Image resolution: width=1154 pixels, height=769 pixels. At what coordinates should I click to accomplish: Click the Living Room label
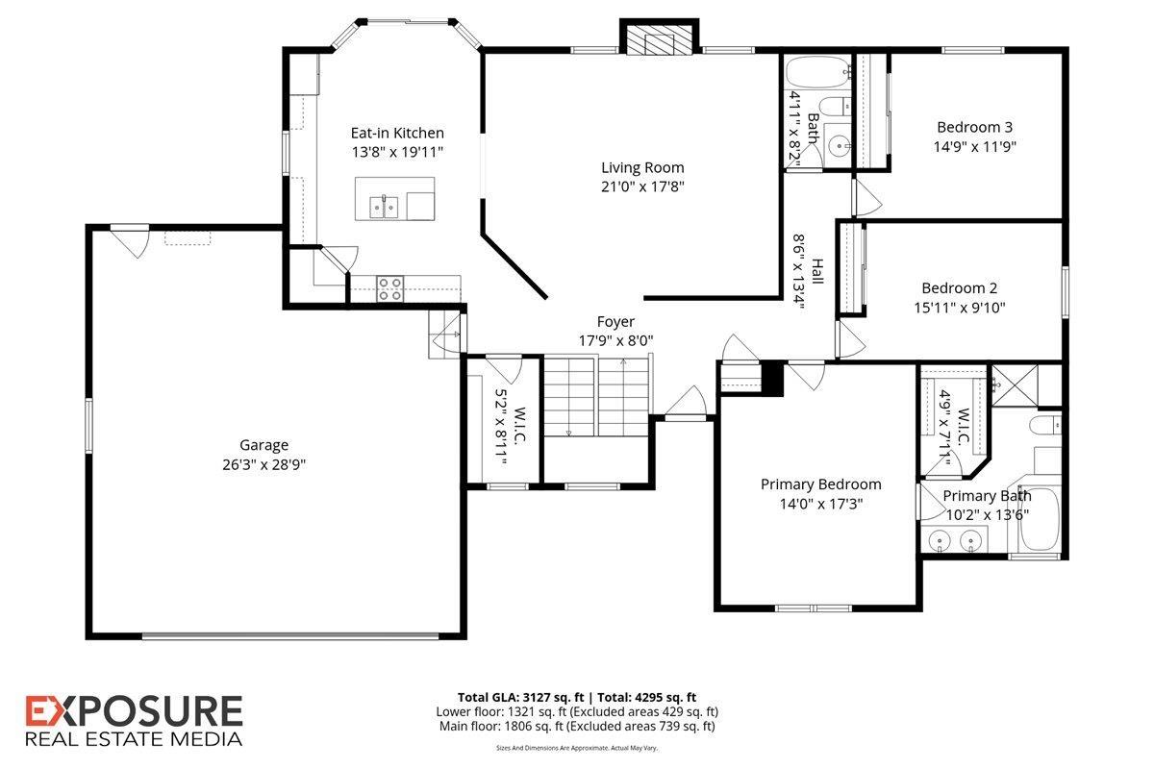click(642, 167)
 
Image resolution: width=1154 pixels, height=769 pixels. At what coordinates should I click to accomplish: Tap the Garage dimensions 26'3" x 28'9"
click(263, 464)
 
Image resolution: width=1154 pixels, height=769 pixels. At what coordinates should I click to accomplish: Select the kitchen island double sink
click(384, 207)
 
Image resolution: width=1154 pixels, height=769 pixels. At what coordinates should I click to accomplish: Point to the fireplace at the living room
click(659, 37)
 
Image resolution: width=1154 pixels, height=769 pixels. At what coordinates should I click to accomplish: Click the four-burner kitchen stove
click(390, 289)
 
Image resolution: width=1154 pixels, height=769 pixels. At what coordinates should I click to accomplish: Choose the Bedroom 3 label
click(975, 127)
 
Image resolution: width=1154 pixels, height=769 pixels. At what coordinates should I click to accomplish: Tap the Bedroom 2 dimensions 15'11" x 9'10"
click(960, 308)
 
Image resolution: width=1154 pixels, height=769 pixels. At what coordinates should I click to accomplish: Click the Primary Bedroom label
click(820, 484)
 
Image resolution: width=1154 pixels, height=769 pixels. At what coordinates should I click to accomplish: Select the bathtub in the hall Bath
click(817, 73)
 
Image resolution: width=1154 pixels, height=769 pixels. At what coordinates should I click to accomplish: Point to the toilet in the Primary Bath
click(1044, 426)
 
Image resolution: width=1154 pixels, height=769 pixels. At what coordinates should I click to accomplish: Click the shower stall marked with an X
click(1015, 385)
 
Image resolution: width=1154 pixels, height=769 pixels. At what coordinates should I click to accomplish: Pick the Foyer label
click(615, 321)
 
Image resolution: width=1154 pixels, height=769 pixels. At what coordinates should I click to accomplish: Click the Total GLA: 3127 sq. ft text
click(521, 698)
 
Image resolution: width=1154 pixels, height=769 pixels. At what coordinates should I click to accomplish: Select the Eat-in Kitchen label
click(397, 133)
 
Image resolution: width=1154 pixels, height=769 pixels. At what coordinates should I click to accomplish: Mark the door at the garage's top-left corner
click(130, 241)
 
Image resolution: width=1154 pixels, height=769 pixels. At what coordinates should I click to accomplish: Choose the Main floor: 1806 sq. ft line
click(577, 727)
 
